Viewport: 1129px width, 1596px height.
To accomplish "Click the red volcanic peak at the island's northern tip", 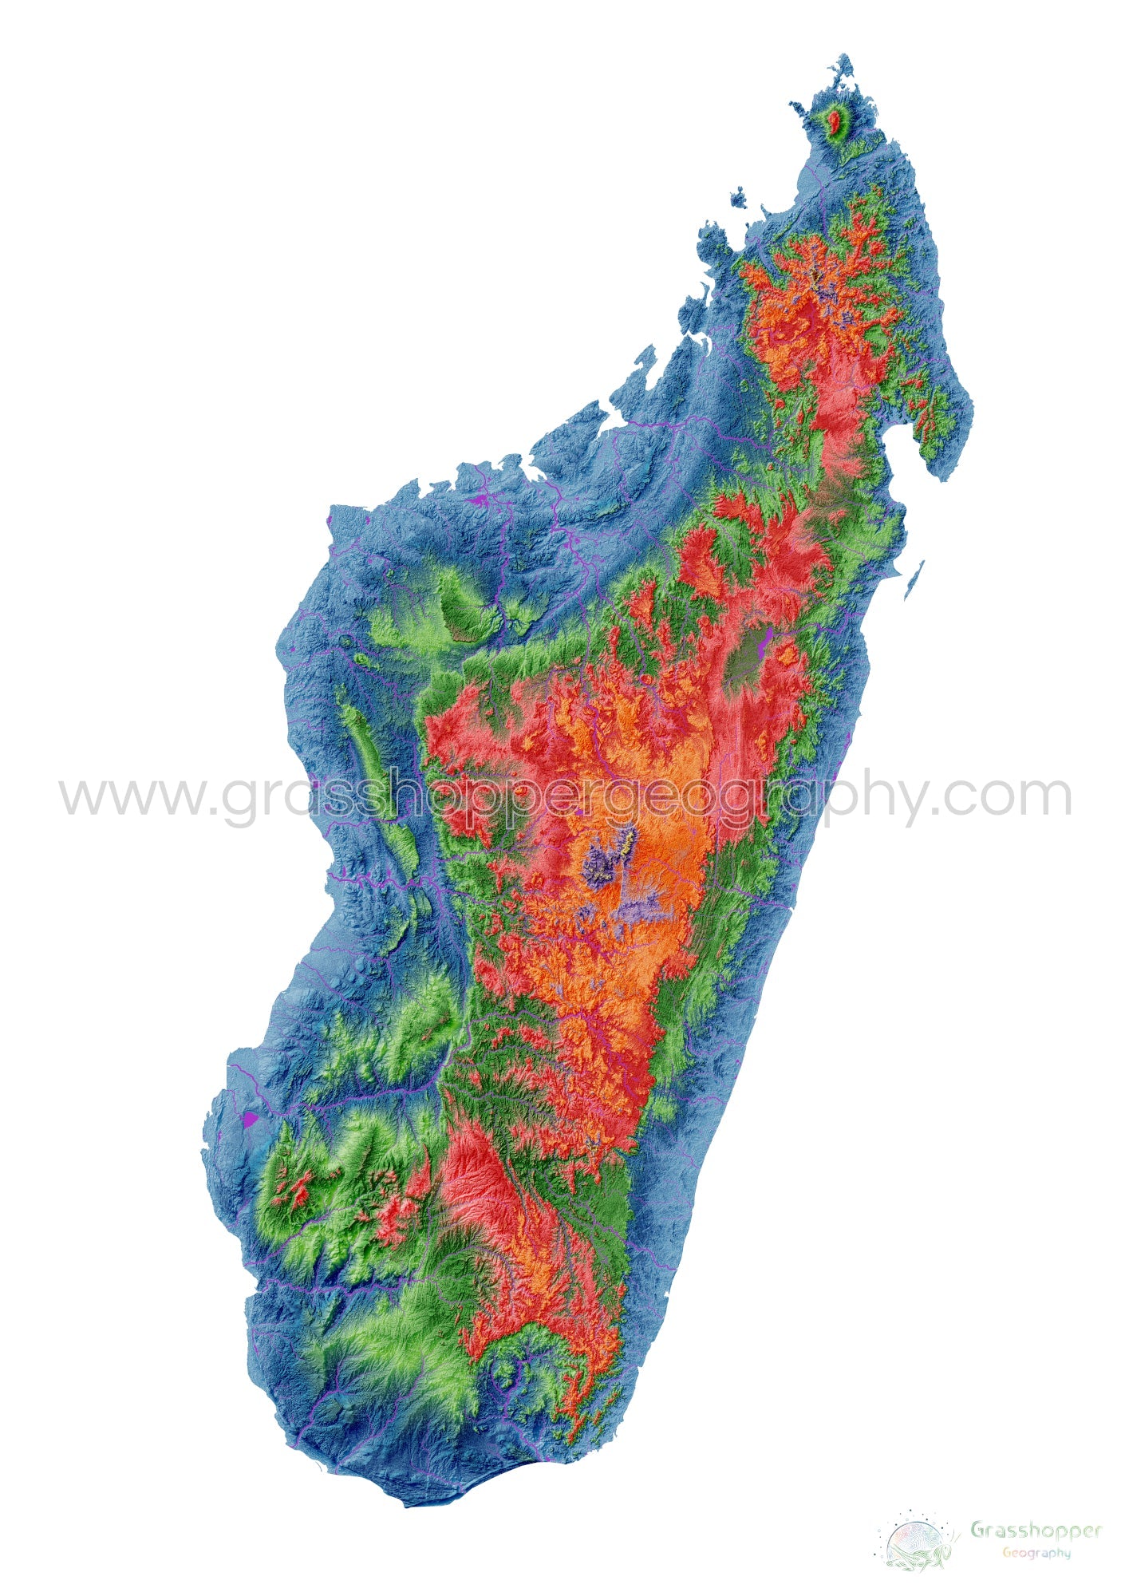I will (x=835, y=122).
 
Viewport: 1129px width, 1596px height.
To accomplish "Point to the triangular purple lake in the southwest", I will (x=251, y=1118).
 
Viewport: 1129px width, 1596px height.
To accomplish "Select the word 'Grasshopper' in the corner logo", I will (x=1036, y=1529).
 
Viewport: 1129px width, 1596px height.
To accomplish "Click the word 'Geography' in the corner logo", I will (x=1036, y=1552).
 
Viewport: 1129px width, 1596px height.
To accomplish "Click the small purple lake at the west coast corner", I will (x=330, y=519).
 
